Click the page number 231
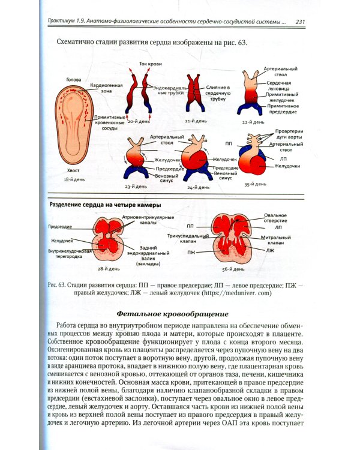(x=301, y=23)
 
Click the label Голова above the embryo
(x=74, y=79)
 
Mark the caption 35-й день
(x=254, y=185)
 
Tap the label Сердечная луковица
(x=279, y=86)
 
